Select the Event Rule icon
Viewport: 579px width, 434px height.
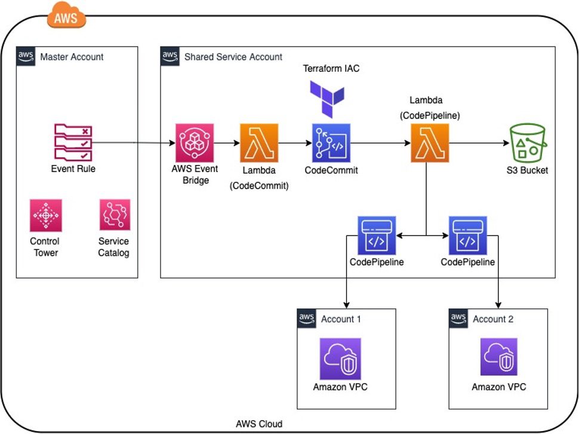point(73,142)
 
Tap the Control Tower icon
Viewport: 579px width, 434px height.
point(46,215)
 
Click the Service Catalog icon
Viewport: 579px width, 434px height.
point(115,215)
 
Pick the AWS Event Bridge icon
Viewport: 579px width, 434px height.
point(193,143)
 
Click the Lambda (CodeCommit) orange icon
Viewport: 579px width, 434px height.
point(259,143)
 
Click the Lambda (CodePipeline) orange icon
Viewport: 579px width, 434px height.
point(430,143)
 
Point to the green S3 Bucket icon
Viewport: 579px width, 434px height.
point(526,142)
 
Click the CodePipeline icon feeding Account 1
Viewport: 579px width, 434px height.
point(376,236)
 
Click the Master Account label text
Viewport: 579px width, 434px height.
point(72,57)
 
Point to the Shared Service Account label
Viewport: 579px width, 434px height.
point(233,57)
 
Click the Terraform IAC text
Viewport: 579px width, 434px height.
point(331,69)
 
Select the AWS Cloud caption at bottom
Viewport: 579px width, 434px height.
point(259,424)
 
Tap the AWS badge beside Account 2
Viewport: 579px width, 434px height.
point(458,318)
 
